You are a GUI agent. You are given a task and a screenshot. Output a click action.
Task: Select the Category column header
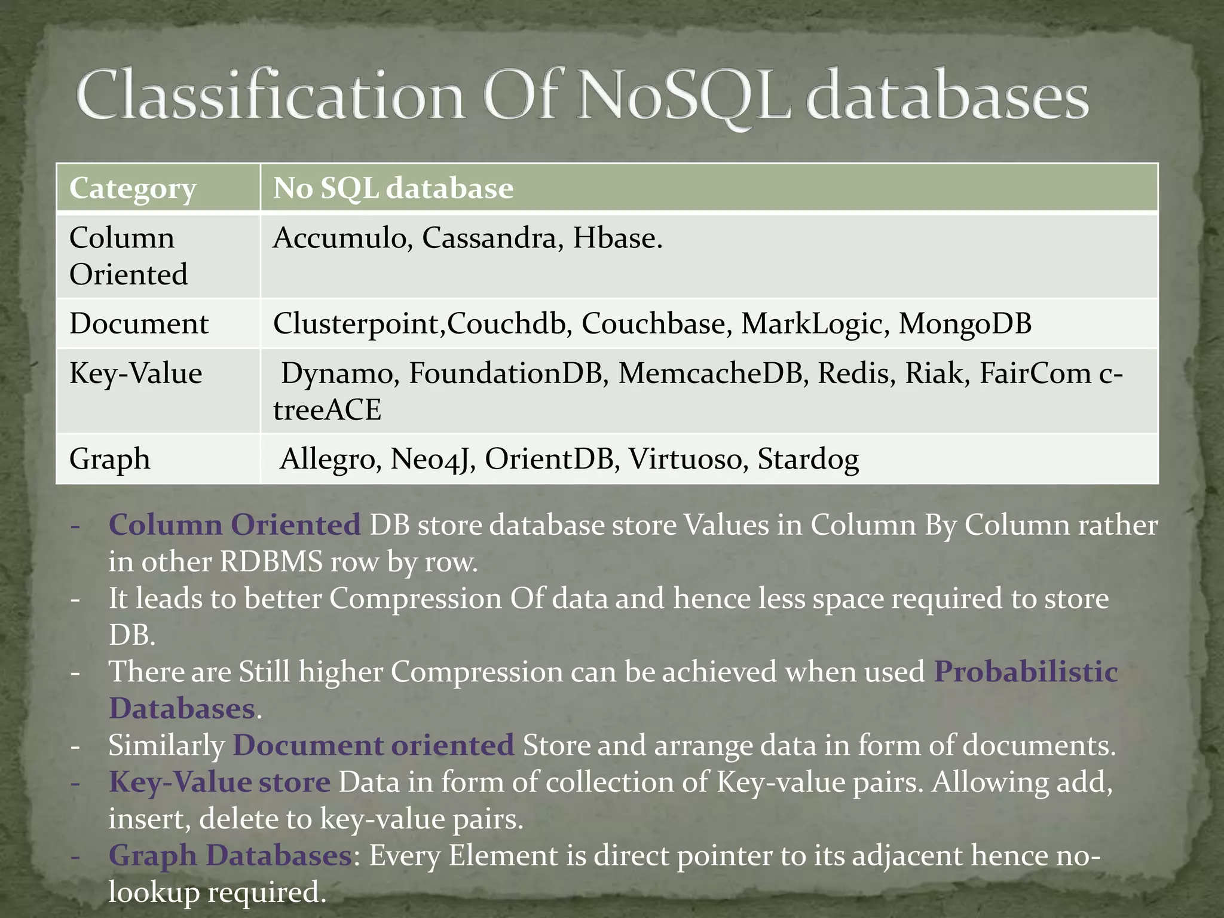[x=133, y=188]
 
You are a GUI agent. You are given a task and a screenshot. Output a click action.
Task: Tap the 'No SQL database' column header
[x=393, y=188]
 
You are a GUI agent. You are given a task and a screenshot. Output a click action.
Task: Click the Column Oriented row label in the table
[x=128, y=256]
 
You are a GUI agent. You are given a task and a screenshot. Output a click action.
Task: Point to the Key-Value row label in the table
[x=136, y=374]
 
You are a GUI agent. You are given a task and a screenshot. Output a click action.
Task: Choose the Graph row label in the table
[x=110, y=459]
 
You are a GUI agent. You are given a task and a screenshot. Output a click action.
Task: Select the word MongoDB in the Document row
[x=965, y=323]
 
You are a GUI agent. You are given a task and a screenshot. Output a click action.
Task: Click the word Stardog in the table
[x=808, y=459]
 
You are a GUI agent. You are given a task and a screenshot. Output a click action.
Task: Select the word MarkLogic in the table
[x=815, y=323]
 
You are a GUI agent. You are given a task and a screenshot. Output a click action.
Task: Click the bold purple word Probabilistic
[x=1026, y=672]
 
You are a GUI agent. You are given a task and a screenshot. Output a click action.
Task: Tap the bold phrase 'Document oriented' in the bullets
[x=373, y=745]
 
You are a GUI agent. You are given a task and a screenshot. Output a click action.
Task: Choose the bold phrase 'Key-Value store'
[x=219, y=782]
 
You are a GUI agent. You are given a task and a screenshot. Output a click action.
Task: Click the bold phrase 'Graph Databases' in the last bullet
[x=230, y=855]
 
